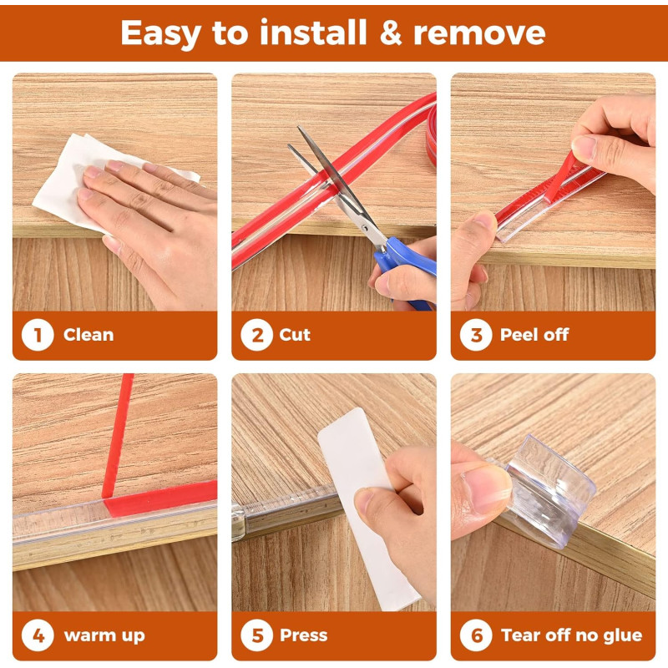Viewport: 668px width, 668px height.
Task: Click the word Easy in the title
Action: tap(160, 34)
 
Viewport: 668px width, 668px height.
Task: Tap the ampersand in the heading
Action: tap(390, 33)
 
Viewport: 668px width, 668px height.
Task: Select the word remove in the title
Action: tap(479, 34)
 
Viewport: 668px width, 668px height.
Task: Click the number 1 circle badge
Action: tap(38, 335)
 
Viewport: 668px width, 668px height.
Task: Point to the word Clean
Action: tap(89, 335)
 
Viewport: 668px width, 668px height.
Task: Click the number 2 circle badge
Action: tap(256, 335)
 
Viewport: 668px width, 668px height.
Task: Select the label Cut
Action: tap(295, 335)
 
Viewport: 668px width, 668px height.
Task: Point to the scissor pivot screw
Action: tap(365, 228)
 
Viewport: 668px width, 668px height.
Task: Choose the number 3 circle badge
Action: tap(476, 335)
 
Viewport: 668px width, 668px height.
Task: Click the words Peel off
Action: tap(534, 335)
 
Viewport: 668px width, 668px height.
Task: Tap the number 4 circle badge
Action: tap(38, 635)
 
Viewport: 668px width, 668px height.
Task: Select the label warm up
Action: tap(104, 636)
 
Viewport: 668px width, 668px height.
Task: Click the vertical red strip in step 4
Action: tap(119, 435)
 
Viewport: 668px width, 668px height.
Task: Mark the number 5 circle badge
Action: tap(256, 635)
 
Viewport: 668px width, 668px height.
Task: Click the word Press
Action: tap(304, 635)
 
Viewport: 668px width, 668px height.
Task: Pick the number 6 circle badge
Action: tap(476, 635)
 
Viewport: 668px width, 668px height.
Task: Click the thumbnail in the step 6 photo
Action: tap(487, 490)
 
